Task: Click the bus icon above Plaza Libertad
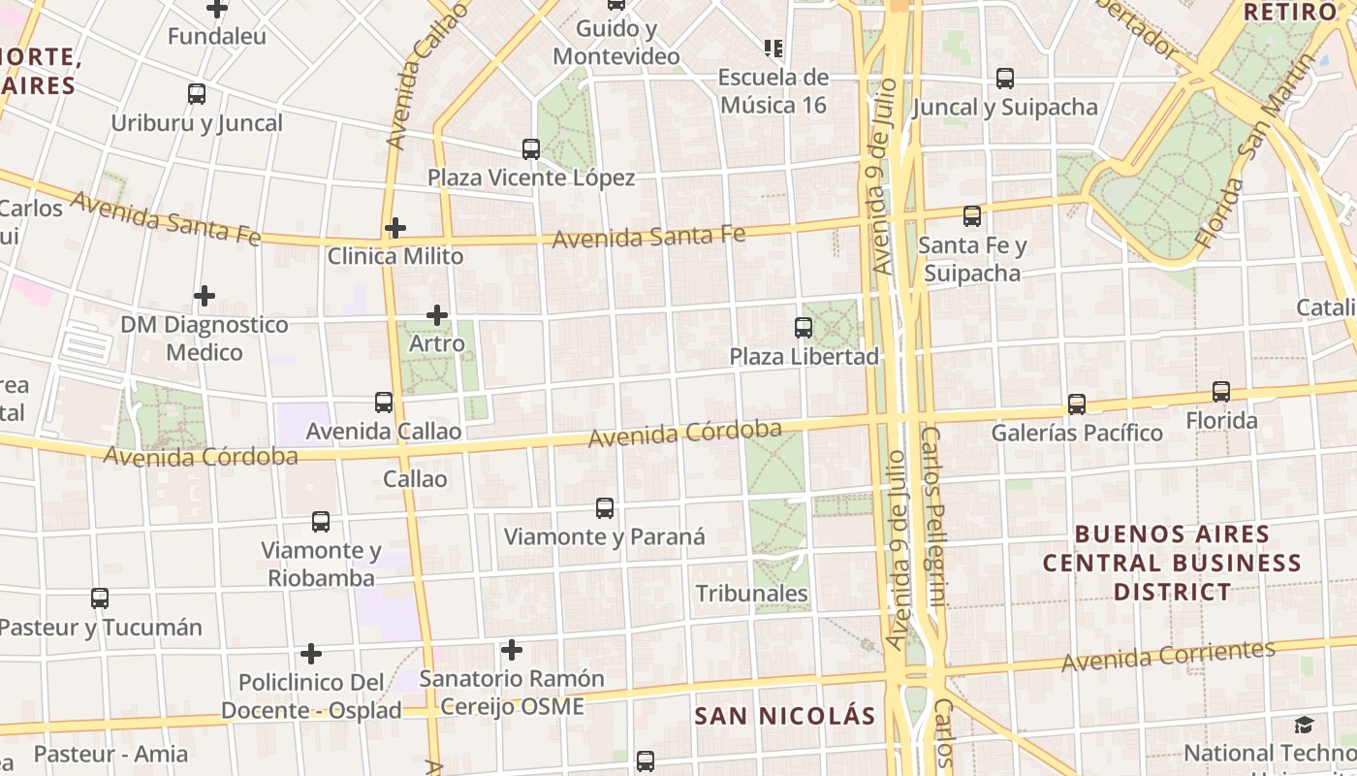(x=804, y=328)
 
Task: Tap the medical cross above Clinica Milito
(x=394, y=228)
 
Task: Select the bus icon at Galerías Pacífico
(x=1077, y=404)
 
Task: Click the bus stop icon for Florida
(x=1221, y=392)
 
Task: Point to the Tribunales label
(x=751, y=593)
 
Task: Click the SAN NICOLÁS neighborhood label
(x=785, y=717)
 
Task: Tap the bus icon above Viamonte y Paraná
(x=605, y=507)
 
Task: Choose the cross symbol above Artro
(x=437, y=314)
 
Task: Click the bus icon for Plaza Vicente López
(x=531, y=149)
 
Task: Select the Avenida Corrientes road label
(x=1168, y=657)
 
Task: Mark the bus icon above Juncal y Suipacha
(x=1005, y=79)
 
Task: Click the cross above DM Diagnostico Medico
(x=205, y=295)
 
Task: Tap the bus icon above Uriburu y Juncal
(x=197, y=94)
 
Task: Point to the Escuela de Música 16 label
(x=773, y=90)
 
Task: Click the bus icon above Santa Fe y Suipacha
(x=972, y=216)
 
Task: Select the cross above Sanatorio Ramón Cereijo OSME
(x=512, y=650)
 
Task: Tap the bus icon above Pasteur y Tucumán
(x=100, y=598)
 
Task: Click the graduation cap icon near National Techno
(x=1305, y=725)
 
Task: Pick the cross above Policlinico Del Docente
(x=311, y=653)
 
